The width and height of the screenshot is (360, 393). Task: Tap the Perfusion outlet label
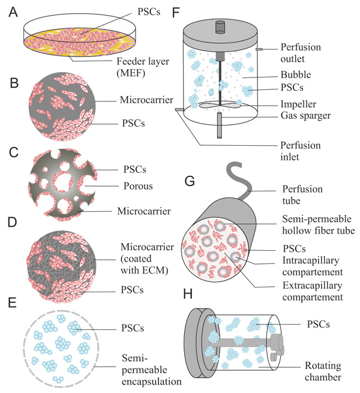301,52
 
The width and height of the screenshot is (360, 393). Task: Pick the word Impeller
298,103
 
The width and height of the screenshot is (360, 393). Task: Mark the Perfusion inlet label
301,151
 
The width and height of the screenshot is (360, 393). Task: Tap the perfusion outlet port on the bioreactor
259,49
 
